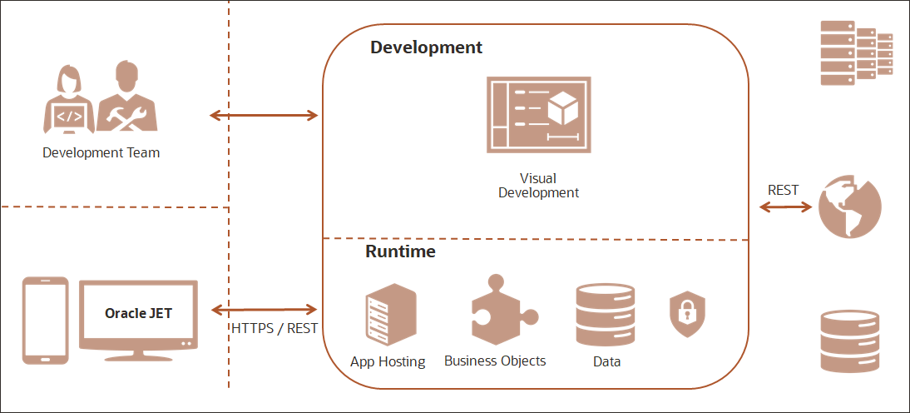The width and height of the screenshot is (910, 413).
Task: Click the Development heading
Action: (427, 47)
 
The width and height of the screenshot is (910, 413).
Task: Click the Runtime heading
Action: (400, 251)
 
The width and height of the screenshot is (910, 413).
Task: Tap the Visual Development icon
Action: (538, 114)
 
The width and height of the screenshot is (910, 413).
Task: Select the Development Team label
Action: (101, 153)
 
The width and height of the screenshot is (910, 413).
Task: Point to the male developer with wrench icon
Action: (127, 96)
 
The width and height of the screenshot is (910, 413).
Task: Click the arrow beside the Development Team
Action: (264, 115)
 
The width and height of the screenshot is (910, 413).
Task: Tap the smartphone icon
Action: (45, 321)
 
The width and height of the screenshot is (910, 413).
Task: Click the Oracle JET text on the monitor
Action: (139, 313)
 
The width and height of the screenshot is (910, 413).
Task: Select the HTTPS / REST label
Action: (274, 329)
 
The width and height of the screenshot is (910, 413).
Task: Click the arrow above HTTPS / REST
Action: (264, 309)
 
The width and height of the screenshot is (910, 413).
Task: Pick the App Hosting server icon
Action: (391, 314)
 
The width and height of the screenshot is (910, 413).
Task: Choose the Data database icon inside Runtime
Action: (606, 315)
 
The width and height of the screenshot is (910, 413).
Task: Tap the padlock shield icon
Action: (688, 314)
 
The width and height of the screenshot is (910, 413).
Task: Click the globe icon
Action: (849, 207)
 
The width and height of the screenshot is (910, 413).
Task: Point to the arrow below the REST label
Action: (785, 206)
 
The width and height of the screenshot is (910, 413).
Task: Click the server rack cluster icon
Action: (856, 52)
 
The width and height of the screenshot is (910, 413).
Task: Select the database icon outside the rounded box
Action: (850, 341)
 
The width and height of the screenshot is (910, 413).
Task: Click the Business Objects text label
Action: (495, 361)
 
